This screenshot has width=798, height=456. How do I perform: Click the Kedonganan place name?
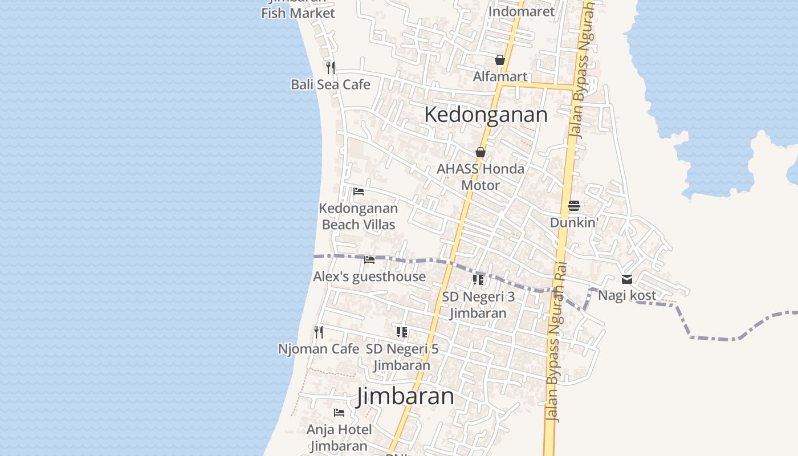[x=486, y=115]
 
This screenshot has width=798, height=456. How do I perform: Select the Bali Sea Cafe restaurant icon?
[x=331, y=68]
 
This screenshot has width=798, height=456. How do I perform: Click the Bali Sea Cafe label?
[x=331, y=84]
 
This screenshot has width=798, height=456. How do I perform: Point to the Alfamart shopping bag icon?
[x=500, y=60]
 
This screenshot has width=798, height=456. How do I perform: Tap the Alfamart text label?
[x=500, y=76]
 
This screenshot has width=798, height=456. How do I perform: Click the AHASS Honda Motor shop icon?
[x=481, y=152]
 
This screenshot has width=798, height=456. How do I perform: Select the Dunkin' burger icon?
[x=573, y=206]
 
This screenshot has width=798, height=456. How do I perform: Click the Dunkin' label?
[x=573, y=222]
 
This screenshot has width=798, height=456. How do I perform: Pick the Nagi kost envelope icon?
[x=627, y=279]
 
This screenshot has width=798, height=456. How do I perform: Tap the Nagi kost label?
[x=627, y=296]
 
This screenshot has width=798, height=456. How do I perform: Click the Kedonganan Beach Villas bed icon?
[x=359, y=192]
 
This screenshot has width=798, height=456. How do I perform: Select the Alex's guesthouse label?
[x=369, y=276]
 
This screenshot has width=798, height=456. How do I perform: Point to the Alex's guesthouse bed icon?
[x=369, y=260]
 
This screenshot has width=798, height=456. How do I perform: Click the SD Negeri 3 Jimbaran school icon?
[x=478, y=280]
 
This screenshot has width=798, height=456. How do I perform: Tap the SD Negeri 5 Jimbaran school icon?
[x=402, y=332]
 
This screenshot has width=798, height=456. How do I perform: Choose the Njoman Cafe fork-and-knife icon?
[x=319, y=332]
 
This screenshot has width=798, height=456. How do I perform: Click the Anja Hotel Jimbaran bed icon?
[x=339, y=412]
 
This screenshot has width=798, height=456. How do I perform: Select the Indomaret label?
[x=522, y=11]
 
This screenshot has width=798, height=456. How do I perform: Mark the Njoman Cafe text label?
[x=319, y=349]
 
